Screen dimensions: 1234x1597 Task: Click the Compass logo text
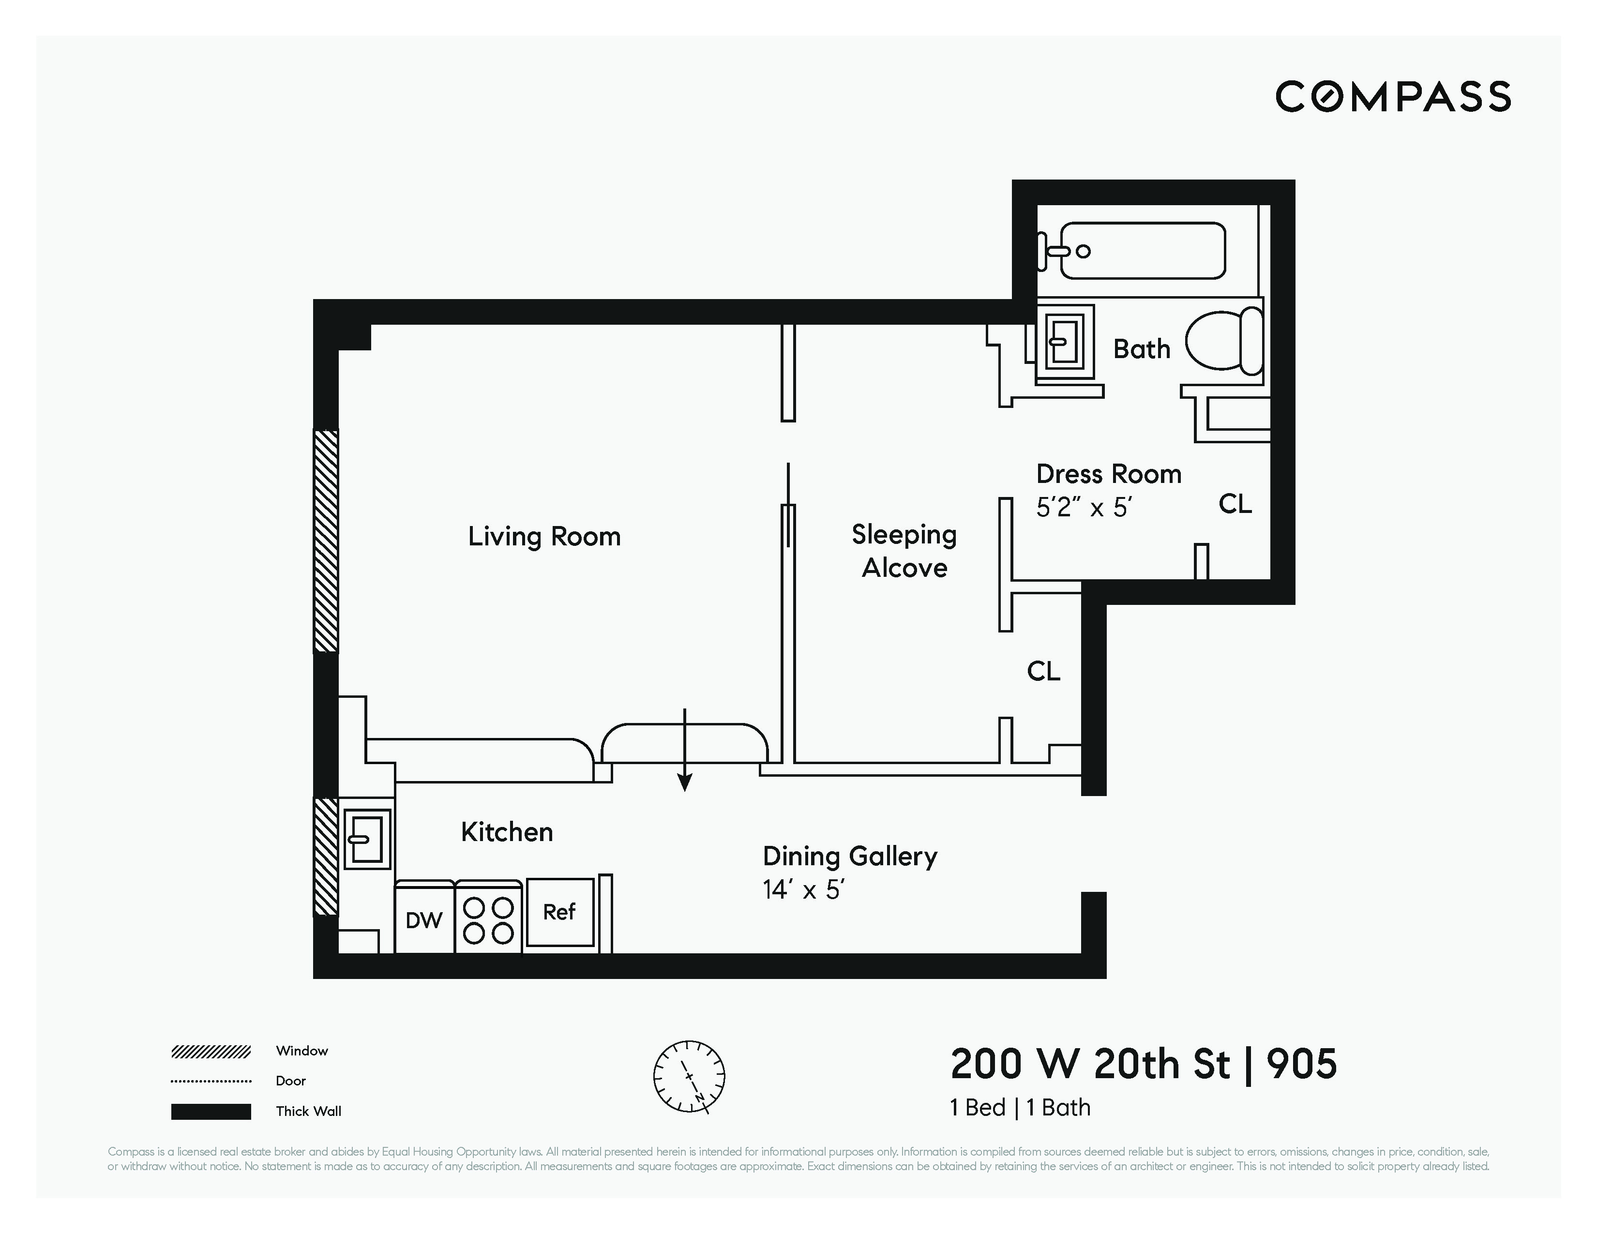[1392, 96]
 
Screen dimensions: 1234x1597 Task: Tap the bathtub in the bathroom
[1142, 251]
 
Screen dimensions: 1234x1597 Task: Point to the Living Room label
[544, 537]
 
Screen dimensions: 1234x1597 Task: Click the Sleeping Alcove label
[904, 551]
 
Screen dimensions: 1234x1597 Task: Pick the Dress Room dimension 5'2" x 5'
[1084, 507]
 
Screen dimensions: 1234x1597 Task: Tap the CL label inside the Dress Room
[1235, 504]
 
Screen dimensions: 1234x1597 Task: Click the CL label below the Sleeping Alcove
[1043, 671]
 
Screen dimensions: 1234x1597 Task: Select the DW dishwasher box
[424, 919]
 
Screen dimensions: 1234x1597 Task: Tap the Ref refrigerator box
[559, 912]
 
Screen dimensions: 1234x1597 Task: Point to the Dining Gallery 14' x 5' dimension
[803, 889]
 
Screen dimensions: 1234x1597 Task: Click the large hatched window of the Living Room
[326, 541]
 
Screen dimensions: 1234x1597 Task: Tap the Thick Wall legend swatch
[211, 1111]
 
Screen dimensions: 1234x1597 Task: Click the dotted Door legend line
[211, 1081]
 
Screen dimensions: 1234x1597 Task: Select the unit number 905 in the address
[1302, 1065]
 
